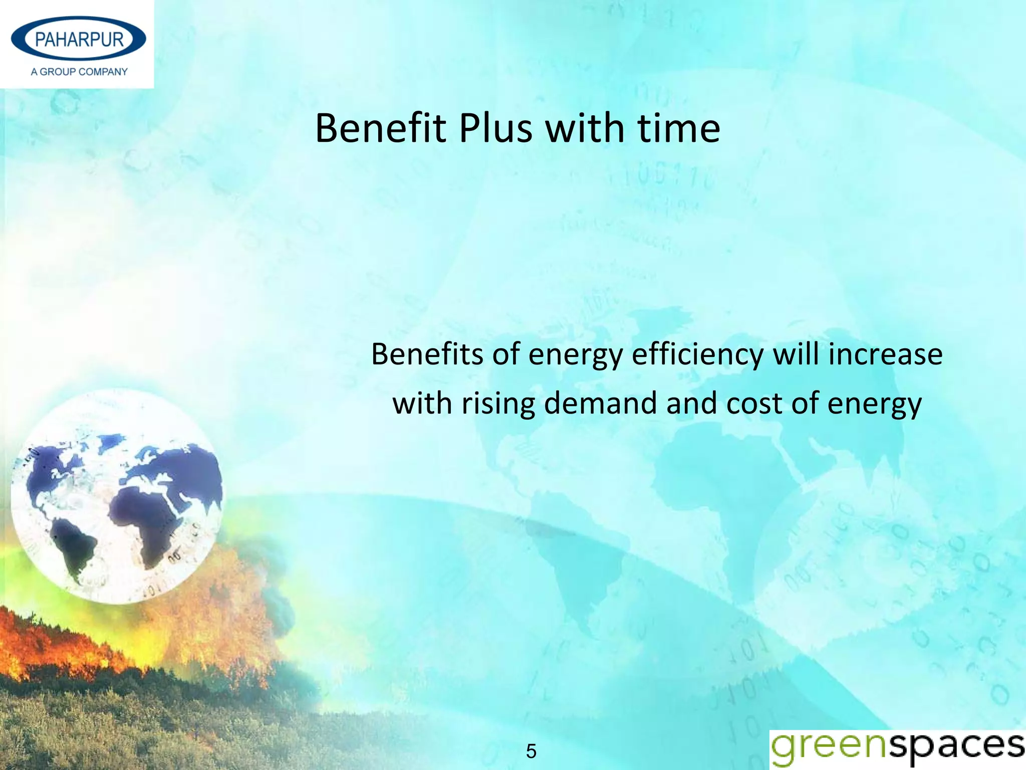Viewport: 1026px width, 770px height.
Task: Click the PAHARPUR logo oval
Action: [79, 39]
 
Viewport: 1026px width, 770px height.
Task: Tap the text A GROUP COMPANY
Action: [79, 72]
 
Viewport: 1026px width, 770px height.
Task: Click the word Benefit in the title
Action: [380, 128]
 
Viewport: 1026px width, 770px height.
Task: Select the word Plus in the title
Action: [495, 128]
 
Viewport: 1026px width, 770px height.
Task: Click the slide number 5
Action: [531, 751]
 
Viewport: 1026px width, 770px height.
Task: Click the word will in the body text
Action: [796, 354]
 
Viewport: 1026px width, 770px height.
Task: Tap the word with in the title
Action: [585, 128]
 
